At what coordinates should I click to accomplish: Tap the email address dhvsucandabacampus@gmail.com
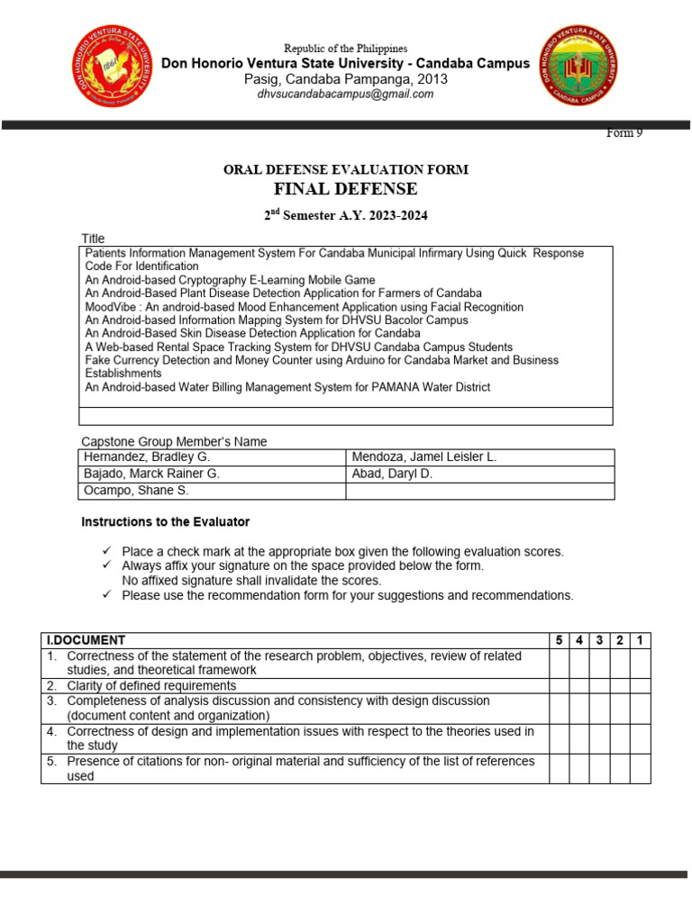345,94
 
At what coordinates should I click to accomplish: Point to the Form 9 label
624,133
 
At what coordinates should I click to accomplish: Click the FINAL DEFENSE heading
345,188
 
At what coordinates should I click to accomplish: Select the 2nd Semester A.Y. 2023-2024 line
345,216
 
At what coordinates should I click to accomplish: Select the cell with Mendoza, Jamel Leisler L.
424,457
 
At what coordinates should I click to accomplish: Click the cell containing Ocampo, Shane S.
135,491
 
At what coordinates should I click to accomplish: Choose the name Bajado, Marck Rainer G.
150,474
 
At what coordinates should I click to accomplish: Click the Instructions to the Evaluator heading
165,522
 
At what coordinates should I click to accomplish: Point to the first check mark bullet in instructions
106,551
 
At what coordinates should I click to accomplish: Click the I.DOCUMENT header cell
86,640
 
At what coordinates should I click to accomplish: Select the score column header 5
559,640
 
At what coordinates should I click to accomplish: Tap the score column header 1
640,640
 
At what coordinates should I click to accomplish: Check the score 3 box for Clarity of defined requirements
599,685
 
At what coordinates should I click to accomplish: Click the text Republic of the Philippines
345,49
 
